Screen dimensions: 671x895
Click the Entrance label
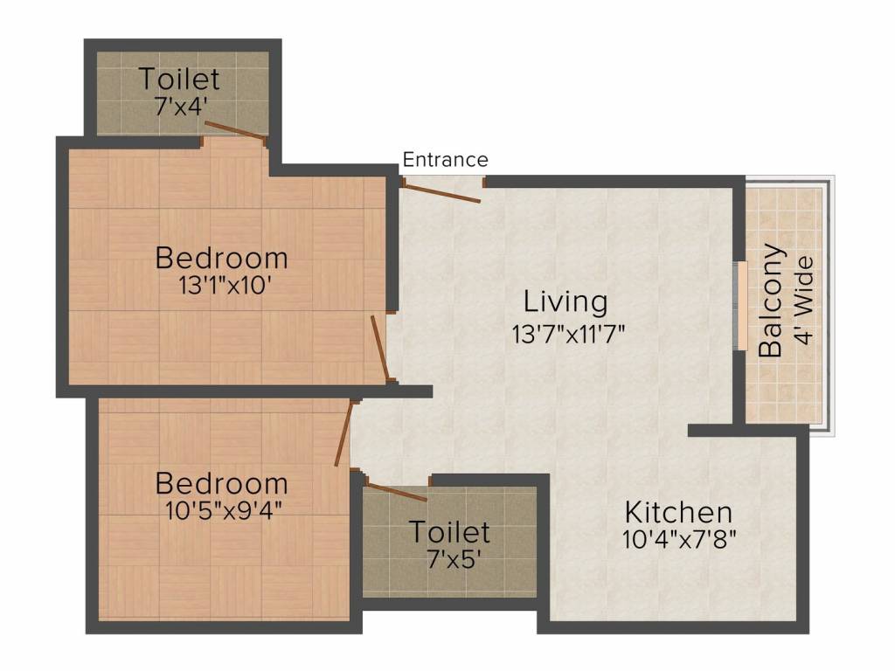coord(445,160)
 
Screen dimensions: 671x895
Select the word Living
coord(565,302)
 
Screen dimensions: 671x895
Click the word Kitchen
coord(677,512)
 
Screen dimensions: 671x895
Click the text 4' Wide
coord(803,300)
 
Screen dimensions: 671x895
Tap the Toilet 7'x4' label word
coord(179,80)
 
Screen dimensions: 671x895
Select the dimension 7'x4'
coord(179,106)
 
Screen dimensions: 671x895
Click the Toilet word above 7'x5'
coord(449,531)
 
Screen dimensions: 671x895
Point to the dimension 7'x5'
coord(449,557)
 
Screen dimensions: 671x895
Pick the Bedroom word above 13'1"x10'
coord(221,259)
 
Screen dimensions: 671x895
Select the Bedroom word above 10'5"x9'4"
coord(221,483)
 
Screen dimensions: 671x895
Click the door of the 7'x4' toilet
coord(234,130)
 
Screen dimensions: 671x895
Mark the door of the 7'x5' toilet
coord(396,491)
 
